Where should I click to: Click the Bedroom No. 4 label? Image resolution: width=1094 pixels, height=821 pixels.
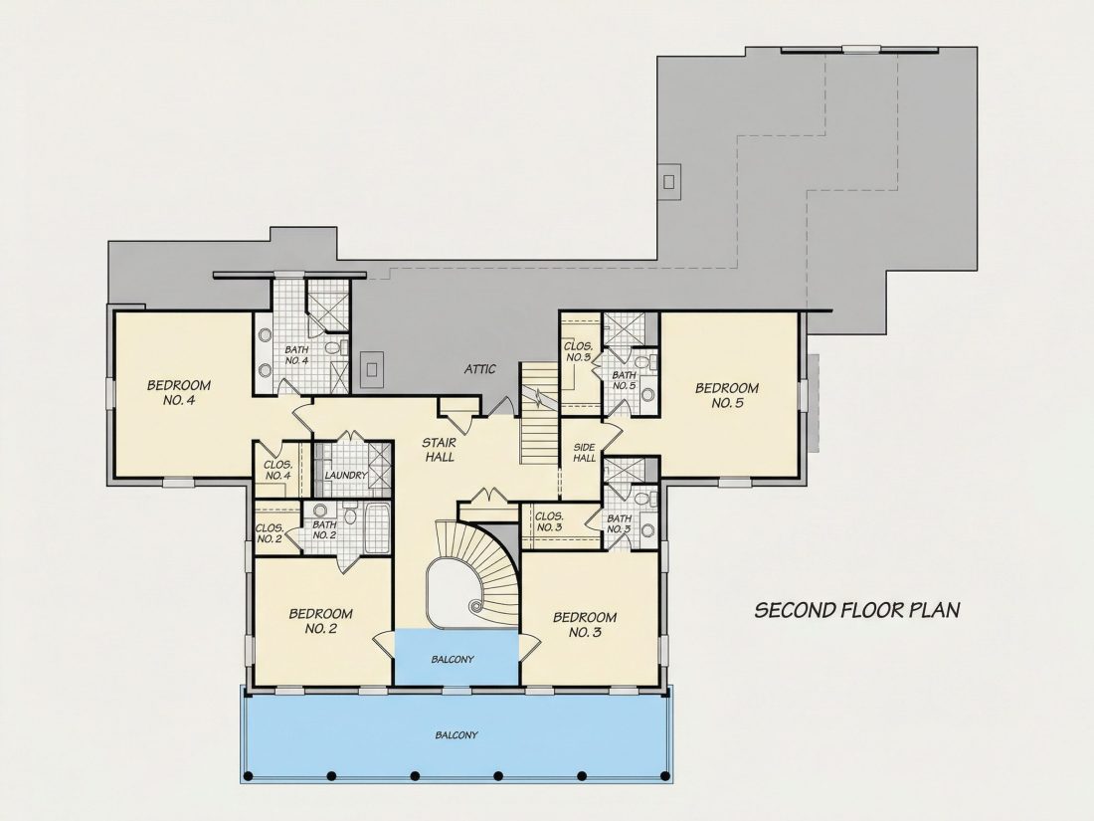click(x=179, y=392)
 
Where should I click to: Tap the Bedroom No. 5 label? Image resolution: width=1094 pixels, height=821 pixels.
click(x=727, y=395)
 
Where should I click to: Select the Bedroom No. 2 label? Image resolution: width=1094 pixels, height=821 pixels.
click(x=321, y=621)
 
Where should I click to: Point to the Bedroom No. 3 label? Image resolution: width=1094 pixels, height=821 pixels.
click(x=585, y=625)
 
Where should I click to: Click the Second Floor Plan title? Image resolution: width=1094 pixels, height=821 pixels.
click(x=857, y=610)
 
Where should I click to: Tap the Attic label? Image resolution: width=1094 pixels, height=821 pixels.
click(x=480, y=369)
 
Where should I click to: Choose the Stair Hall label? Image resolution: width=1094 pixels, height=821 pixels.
click(x=439, y=450)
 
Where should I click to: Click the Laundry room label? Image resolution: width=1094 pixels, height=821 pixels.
click(x=346, y=476)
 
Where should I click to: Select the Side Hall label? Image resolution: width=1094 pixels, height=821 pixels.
click(x=584, y=453)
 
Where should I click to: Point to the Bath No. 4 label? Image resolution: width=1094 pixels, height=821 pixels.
click(x=296, y=354)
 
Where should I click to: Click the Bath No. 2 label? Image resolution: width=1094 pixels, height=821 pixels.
click(x=324, y=529)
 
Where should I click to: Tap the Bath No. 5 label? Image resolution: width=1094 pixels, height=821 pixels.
click(x=624, y=380)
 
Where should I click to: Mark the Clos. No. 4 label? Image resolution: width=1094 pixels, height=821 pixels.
click(x=277, y=470)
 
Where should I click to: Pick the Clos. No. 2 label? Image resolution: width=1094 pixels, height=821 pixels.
click(x=270, y=533)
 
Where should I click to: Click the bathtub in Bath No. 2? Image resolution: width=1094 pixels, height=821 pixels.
click(x=377, y=528)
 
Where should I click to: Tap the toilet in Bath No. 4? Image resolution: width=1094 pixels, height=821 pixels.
click(x=332, y=347)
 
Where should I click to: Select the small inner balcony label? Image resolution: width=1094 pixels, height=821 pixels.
click(x=453, y=659)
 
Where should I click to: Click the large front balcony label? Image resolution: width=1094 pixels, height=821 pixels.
click(x=456, y=734)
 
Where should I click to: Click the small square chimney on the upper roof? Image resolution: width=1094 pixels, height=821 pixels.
click(x=669, y=182)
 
